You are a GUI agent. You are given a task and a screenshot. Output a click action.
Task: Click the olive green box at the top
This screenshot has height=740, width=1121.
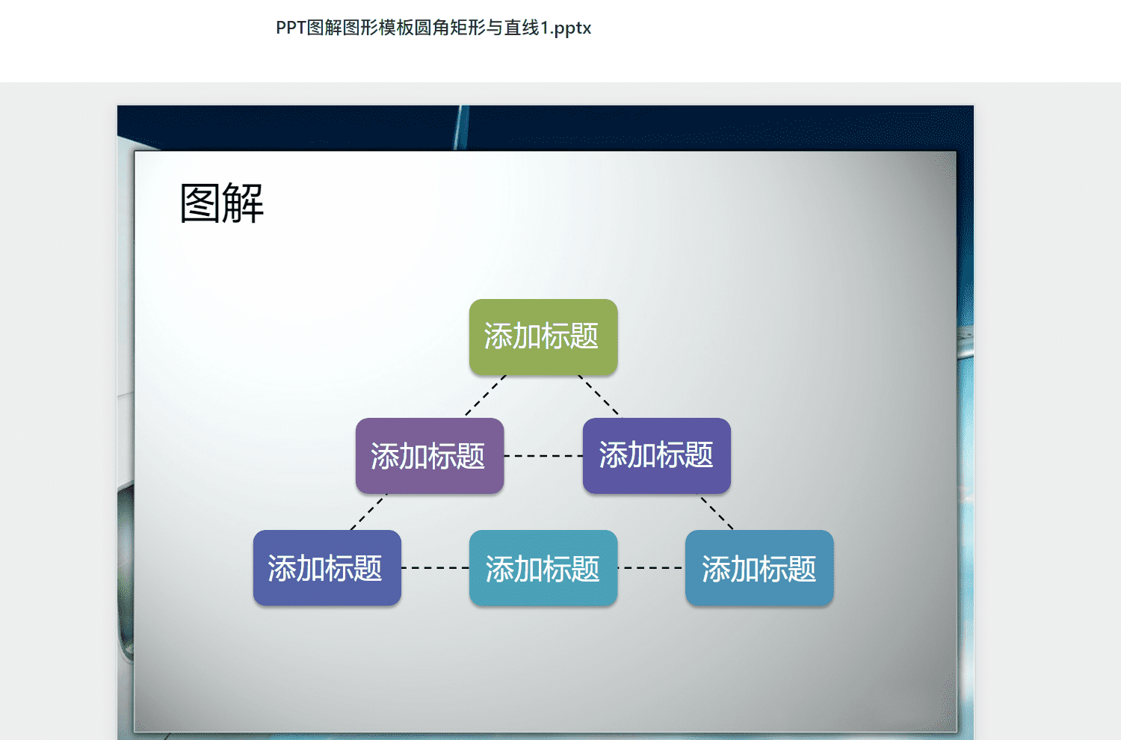tap(543, 337)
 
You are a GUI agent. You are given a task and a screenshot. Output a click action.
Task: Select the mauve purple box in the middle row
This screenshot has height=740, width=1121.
tap(430, 456)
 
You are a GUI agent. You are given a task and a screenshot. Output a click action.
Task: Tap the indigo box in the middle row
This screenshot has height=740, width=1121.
tap(657, 456)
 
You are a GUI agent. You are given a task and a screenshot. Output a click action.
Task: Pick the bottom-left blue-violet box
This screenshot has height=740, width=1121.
tap(327, 568)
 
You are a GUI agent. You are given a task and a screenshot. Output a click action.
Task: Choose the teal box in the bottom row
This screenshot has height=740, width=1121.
tap(543, 568)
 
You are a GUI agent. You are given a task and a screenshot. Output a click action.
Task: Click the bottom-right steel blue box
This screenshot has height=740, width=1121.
tap(759, 568)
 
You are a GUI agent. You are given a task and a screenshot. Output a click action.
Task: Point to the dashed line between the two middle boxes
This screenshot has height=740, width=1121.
tap(543, 456)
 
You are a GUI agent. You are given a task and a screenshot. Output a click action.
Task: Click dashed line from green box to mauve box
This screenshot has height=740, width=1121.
tap(486, 395)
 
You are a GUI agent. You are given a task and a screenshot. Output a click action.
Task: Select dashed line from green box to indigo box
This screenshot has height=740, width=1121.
tap(600, 395)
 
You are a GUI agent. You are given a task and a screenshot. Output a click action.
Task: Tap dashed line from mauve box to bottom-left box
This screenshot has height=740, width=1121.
tap(369, 512)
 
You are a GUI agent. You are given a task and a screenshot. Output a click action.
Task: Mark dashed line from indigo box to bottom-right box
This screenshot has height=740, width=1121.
tap(717, 512)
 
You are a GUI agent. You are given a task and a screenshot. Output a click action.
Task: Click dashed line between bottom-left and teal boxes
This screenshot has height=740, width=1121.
tap(436, 568)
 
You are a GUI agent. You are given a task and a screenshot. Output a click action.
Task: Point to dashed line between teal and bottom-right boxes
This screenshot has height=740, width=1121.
tap(651, 568)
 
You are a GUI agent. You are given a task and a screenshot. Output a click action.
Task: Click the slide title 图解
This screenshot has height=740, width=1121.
tap(222, 203)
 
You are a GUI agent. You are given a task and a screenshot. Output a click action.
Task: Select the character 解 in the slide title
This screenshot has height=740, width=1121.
tap(243, 203)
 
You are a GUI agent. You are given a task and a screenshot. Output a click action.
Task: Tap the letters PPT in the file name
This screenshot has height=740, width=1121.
tap(291, 28)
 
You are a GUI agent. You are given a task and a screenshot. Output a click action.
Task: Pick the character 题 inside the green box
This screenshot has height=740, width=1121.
tap(584, 336)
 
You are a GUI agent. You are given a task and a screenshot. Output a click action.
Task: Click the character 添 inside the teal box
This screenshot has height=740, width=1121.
tap(499, 569)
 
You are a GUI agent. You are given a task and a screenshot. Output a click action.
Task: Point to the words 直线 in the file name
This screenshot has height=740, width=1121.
tap(522, 28)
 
